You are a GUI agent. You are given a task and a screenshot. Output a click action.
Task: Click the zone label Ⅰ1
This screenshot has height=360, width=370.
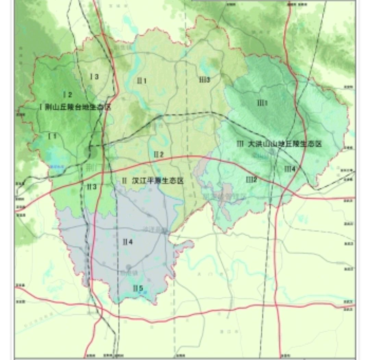(52, 136)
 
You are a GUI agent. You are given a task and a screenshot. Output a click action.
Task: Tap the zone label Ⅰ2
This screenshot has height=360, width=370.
(67, 95)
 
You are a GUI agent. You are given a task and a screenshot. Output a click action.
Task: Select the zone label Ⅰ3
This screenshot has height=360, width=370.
(94, 77)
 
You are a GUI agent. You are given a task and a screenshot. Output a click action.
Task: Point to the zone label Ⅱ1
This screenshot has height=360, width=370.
(141, 81)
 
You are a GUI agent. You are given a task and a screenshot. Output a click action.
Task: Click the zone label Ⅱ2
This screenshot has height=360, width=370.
(158, 154)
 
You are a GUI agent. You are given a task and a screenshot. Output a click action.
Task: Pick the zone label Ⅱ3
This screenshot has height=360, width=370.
(91, 187)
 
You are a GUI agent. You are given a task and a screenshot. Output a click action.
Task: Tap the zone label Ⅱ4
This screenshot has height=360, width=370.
(127, 242)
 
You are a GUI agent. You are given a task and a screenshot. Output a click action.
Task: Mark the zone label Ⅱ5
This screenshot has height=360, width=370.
(138, 288)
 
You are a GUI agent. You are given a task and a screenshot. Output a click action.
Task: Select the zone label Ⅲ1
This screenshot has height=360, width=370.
(262, 103)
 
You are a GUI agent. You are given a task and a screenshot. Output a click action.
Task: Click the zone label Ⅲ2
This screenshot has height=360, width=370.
(251, 179)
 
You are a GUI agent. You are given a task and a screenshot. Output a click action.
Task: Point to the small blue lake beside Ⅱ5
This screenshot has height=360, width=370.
(145, 292)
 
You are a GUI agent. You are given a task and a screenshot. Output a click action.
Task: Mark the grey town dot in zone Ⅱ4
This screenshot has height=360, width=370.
(128, 267)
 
